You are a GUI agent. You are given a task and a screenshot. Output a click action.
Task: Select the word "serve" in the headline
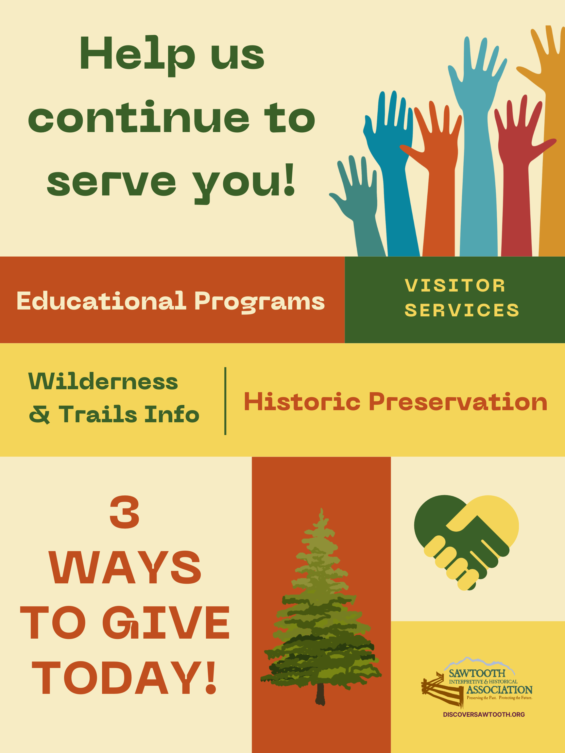(x=112, y=183)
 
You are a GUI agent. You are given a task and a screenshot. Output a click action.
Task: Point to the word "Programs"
(x=260, y=302)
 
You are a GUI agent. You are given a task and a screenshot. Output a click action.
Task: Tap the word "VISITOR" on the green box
(x=455, y=285)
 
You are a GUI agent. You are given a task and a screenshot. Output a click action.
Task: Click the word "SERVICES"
(x=462, y=310)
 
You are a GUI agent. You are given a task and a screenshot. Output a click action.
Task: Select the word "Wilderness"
(x=103, y=381)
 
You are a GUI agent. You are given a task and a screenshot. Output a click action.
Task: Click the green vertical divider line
(x=225, y=401)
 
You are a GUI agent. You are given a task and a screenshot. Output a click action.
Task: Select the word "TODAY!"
(x=124, y=678)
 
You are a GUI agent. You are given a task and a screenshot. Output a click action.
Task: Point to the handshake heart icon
(x=466, y=542)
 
